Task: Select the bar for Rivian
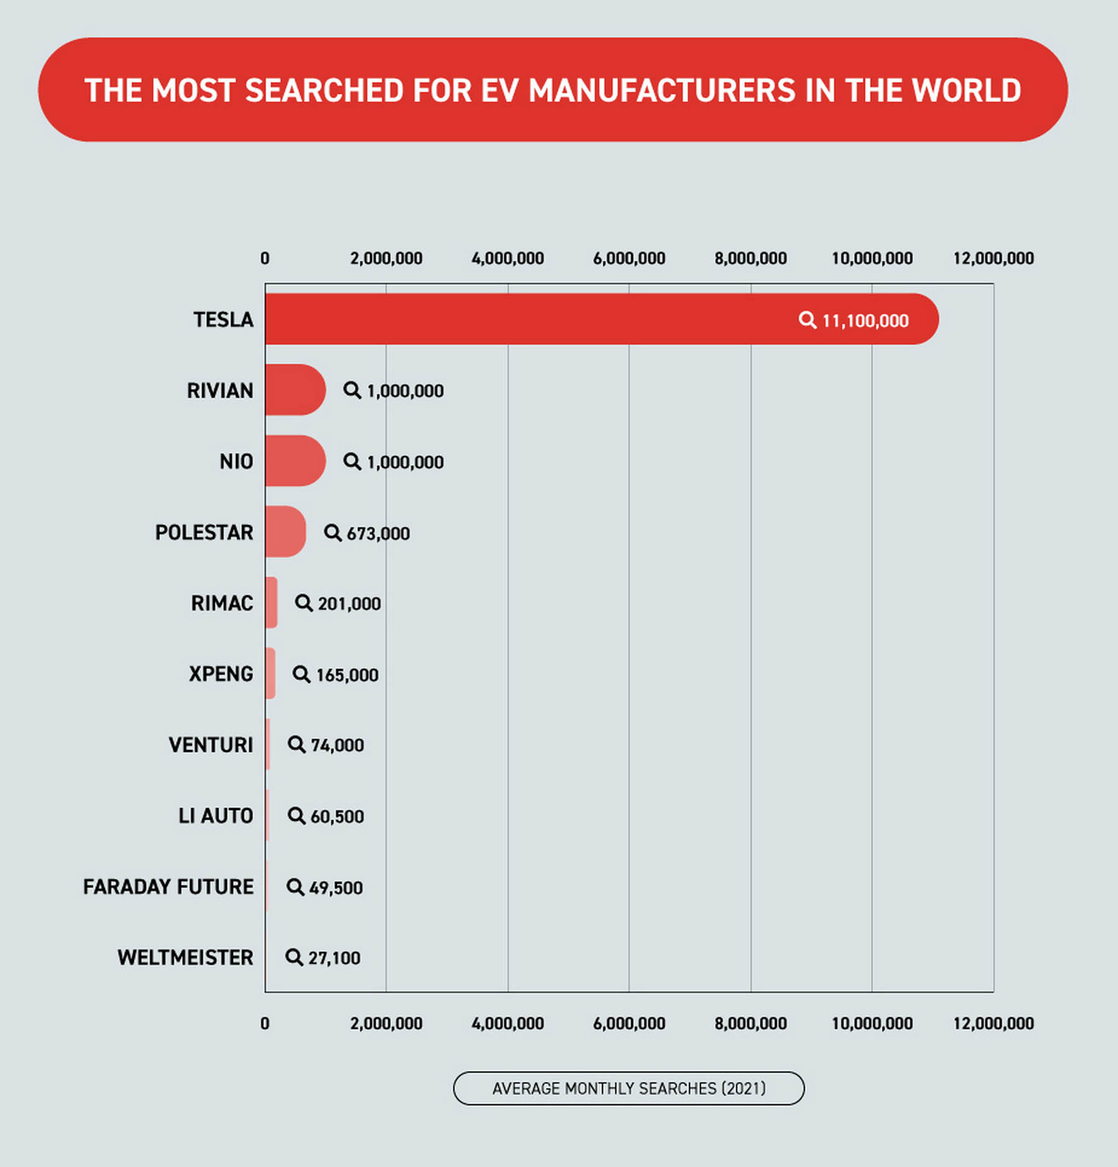[x=294, y=390]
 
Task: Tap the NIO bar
[x=294, y=460]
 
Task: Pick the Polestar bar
[x=285, y=531]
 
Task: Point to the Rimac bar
[x=271, y=602]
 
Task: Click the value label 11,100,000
[x=865, y=321]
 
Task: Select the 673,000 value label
[x=378, y=533]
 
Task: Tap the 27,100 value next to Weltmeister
[x=334, y=958]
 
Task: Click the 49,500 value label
[x=335, y=887]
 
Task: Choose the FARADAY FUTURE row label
[x=168, y=887]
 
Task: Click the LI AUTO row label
[x=216, y=816]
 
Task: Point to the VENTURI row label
[x=211, y=744]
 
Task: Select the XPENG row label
[x=220, y=674]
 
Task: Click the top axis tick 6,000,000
[x=629, y=259]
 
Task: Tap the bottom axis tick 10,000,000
[x=871, y=1023]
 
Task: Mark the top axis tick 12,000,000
[x=993, y=259]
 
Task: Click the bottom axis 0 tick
[x=265, y=1023]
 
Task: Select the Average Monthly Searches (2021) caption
[x=629, y=1088]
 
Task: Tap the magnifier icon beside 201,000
[x=303, y=603]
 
